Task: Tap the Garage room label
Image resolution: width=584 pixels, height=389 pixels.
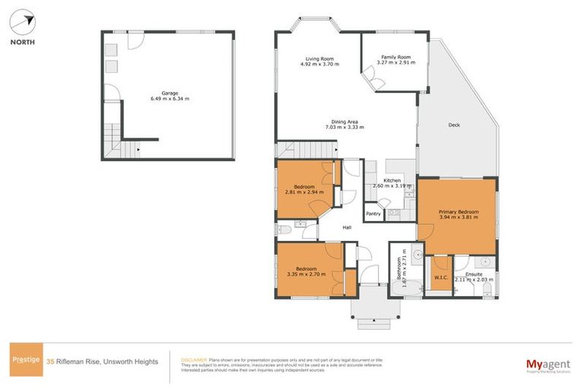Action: coord(170,93)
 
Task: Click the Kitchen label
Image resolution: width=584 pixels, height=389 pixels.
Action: coord(392,180)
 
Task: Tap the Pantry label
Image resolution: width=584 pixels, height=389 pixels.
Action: coord(373,214)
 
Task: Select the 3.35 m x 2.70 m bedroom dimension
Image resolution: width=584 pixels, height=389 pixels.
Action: coord(307,274)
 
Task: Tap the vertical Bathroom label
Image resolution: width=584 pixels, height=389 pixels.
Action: coord(398,270)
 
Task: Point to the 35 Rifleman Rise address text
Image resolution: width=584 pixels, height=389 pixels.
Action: coord(102,362)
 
